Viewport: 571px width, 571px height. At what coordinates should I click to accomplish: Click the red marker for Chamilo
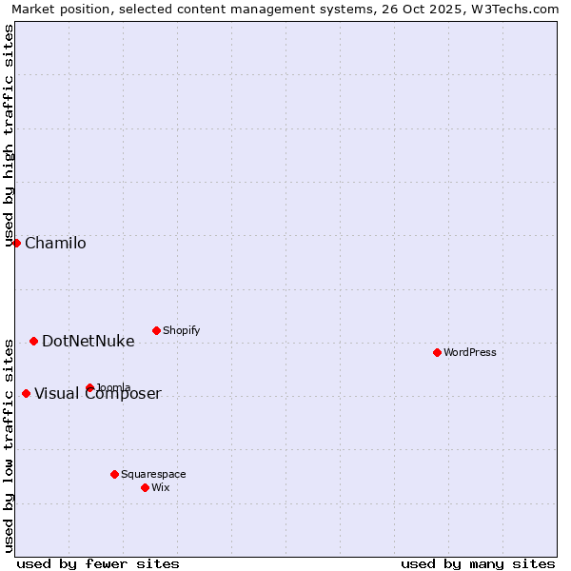16,243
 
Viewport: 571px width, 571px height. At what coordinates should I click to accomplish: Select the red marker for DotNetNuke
33,341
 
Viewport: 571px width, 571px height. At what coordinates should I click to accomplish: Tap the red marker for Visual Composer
26,393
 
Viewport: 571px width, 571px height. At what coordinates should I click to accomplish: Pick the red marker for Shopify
156,330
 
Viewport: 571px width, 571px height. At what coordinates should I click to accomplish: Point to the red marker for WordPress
437,352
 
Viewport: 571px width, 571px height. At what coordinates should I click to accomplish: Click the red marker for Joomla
89,387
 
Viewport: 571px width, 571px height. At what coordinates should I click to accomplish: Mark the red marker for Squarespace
114,474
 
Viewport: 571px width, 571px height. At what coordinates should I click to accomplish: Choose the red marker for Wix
145,487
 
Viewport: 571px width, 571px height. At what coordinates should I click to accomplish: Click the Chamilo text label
55,244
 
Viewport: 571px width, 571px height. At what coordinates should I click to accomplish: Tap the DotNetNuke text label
88,342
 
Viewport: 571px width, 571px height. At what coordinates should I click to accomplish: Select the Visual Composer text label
98,394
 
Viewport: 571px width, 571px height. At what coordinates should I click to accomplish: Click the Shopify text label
181,331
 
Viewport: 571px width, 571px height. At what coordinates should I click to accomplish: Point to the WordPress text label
470,353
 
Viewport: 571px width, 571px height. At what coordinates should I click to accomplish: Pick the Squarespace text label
153,475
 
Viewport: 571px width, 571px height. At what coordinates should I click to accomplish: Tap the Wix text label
161,488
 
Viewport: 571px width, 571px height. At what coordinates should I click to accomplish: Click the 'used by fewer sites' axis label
98,563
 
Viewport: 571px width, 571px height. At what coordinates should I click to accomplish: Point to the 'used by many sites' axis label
478,563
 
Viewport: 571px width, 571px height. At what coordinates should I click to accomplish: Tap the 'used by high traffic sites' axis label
10,134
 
